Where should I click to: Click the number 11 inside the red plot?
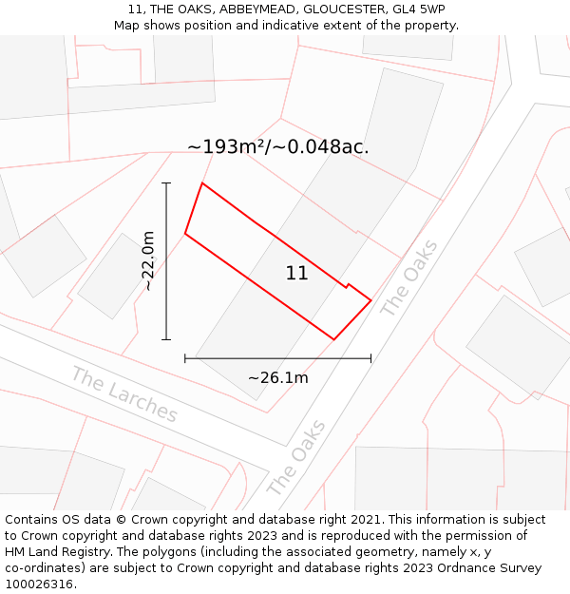[x=296, y=274]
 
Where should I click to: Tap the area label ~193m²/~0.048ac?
[x=277, y=147]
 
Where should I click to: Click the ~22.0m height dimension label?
[x=148, y=260]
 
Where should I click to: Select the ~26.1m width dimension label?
[x=277, y=378]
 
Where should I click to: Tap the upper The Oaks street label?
[x=409, y=278]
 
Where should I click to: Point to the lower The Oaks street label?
[x=296, y=457]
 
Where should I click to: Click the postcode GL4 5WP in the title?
[x=418, y=10]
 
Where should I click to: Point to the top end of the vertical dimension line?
[x=166, y=182]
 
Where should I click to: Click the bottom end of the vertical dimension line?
[x=166, y=339]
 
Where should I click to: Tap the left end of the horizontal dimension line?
[x=185, y=358]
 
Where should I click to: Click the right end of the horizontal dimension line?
[x=370, y=358]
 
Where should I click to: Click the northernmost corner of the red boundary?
[x=202, y=183]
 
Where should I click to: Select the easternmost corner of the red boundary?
[x=370, y=300]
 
